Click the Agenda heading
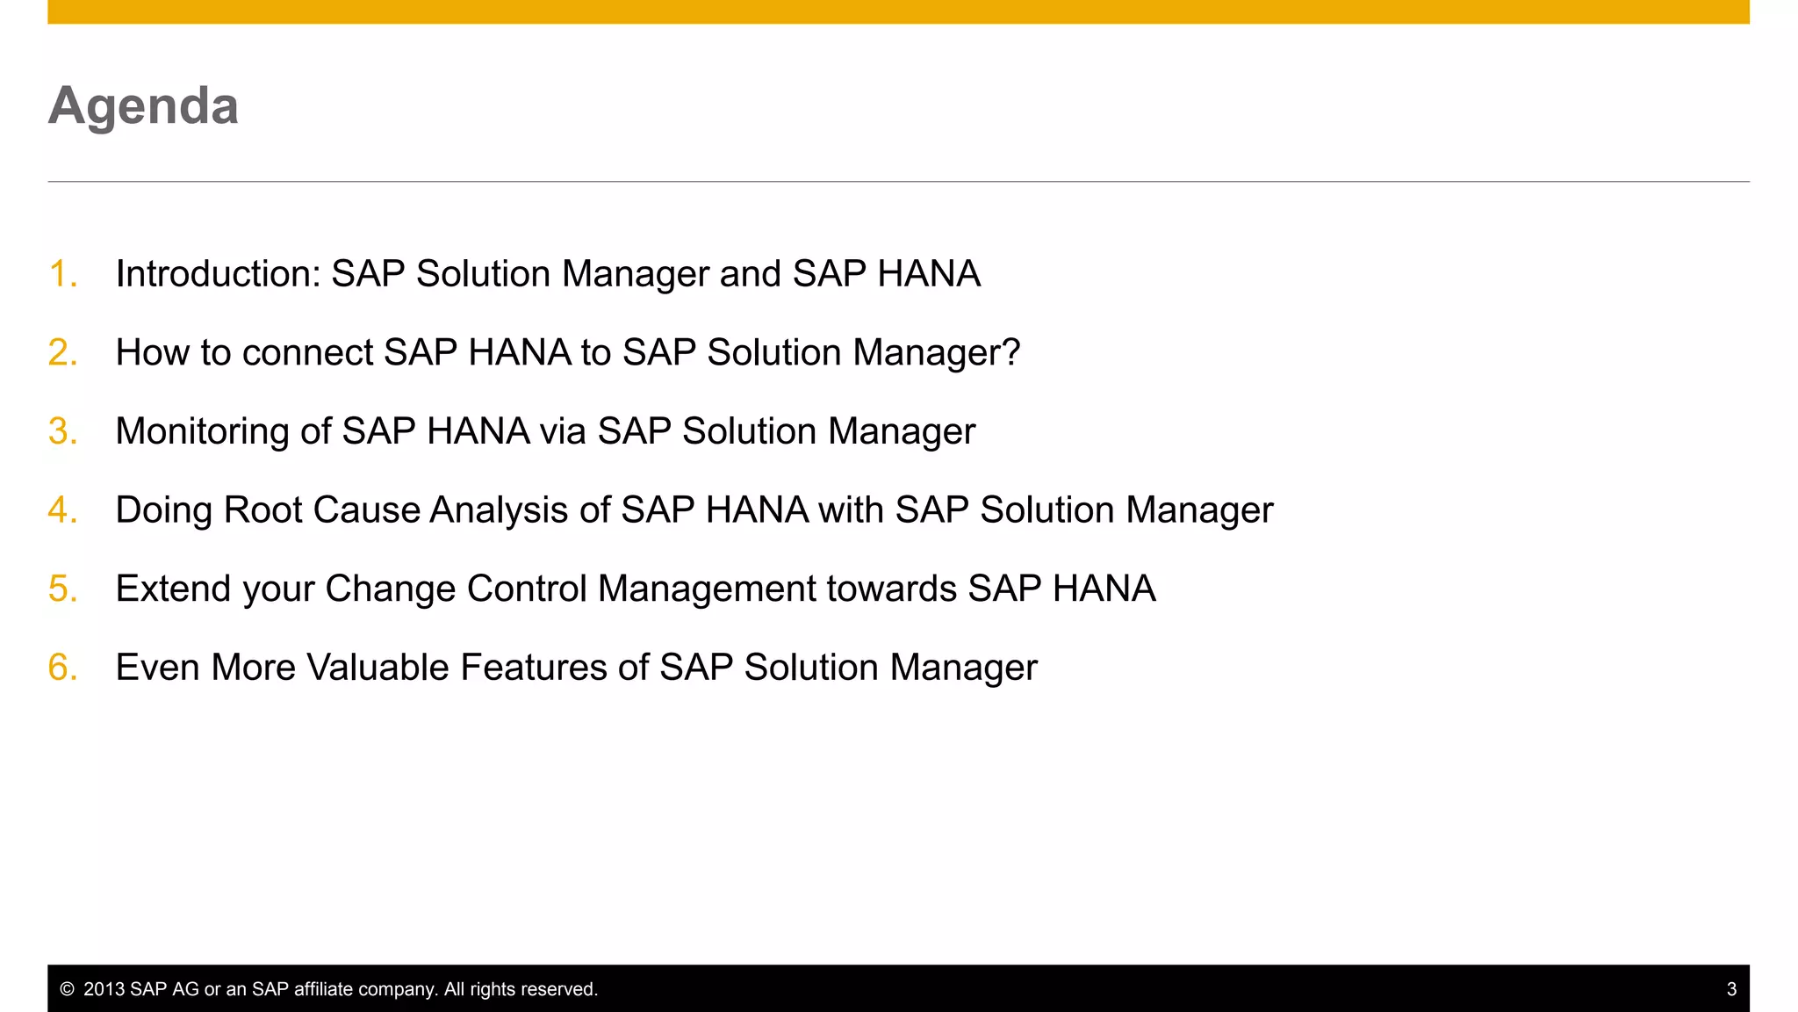(143, 106)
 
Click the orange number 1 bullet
(61, 273)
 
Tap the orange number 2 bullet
(61, 352)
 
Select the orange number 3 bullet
(61, 431)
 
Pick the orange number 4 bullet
(61, 510)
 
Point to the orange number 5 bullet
(61, 589)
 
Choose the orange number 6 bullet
(61, 668)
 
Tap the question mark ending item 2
(1011, 352)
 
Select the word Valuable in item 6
(378, 668)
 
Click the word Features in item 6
(533, 668)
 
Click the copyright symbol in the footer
(67, 989)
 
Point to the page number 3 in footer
(1731, 989)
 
